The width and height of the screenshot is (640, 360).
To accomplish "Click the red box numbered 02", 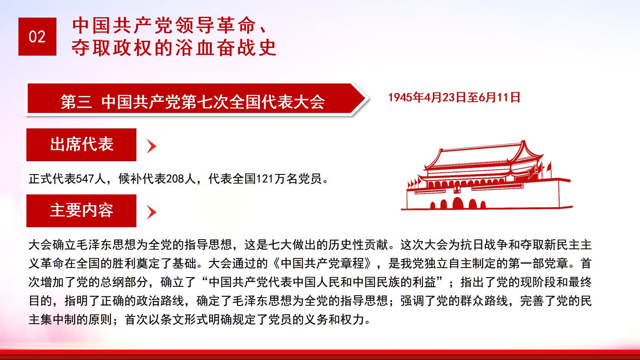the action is coord(37,36).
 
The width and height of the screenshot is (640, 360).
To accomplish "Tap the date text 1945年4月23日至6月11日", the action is coord(454,98).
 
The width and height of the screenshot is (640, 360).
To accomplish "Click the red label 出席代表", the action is coord(82,144).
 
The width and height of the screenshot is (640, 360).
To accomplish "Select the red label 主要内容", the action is coord(82,211).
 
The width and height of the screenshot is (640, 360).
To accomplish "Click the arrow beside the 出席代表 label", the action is coord(152,146).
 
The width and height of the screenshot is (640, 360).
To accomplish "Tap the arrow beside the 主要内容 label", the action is coord(152,212).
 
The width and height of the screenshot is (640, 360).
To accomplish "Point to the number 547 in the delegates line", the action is coord(85,179).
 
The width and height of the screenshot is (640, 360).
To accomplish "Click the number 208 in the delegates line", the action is coord(175,179).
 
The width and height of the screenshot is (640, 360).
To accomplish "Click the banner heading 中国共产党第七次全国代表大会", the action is coord(213,102).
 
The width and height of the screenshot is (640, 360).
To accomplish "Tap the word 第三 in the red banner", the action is coord(76,102).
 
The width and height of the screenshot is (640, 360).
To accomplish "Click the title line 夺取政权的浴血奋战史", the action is coord(174,48).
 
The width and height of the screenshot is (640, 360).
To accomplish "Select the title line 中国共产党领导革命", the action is coord(164,25).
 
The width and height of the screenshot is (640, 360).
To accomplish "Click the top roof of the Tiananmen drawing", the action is coord(483,156).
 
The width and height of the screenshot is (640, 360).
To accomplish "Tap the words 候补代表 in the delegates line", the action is coord(142,179).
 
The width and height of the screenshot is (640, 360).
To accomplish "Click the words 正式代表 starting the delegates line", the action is coord(52,179).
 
